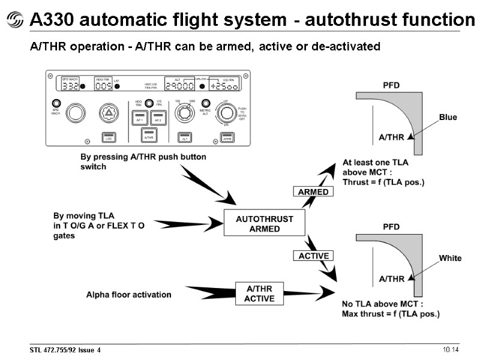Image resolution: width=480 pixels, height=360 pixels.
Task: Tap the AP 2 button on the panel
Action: point(158,118)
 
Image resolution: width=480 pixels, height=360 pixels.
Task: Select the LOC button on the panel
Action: point(109,137)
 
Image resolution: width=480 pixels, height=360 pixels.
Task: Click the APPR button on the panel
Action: point(227,137)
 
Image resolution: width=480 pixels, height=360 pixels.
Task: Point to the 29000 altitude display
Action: point(181,86)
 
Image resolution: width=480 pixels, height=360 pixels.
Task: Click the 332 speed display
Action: point(70,86)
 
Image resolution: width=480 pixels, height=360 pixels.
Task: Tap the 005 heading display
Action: point(104,86)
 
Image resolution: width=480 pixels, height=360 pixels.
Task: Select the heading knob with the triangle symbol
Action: point(109,112)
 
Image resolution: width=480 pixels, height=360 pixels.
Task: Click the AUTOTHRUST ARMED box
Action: point(264,224)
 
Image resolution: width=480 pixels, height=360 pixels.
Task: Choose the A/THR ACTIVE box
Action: point(259,294)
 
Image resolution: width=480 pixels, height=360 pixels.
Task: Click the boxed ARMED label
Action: point(313,192)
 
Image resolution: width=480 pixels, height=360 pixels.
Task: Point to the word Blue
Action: point(448,117)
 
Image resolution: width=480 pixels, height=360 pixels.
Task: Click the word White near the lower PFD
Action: point(450,258)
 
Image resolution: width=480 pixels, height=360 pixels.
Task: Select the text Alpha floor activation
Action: point(128,295)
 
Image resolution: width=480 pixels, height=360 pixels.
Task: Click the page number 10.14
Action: point(451,350)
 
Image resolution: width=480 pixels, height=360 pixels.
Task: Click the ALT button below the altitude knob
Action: point(185,137)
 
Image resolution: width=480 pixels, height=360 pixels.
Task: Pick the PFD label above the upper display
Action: point(391,86)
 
